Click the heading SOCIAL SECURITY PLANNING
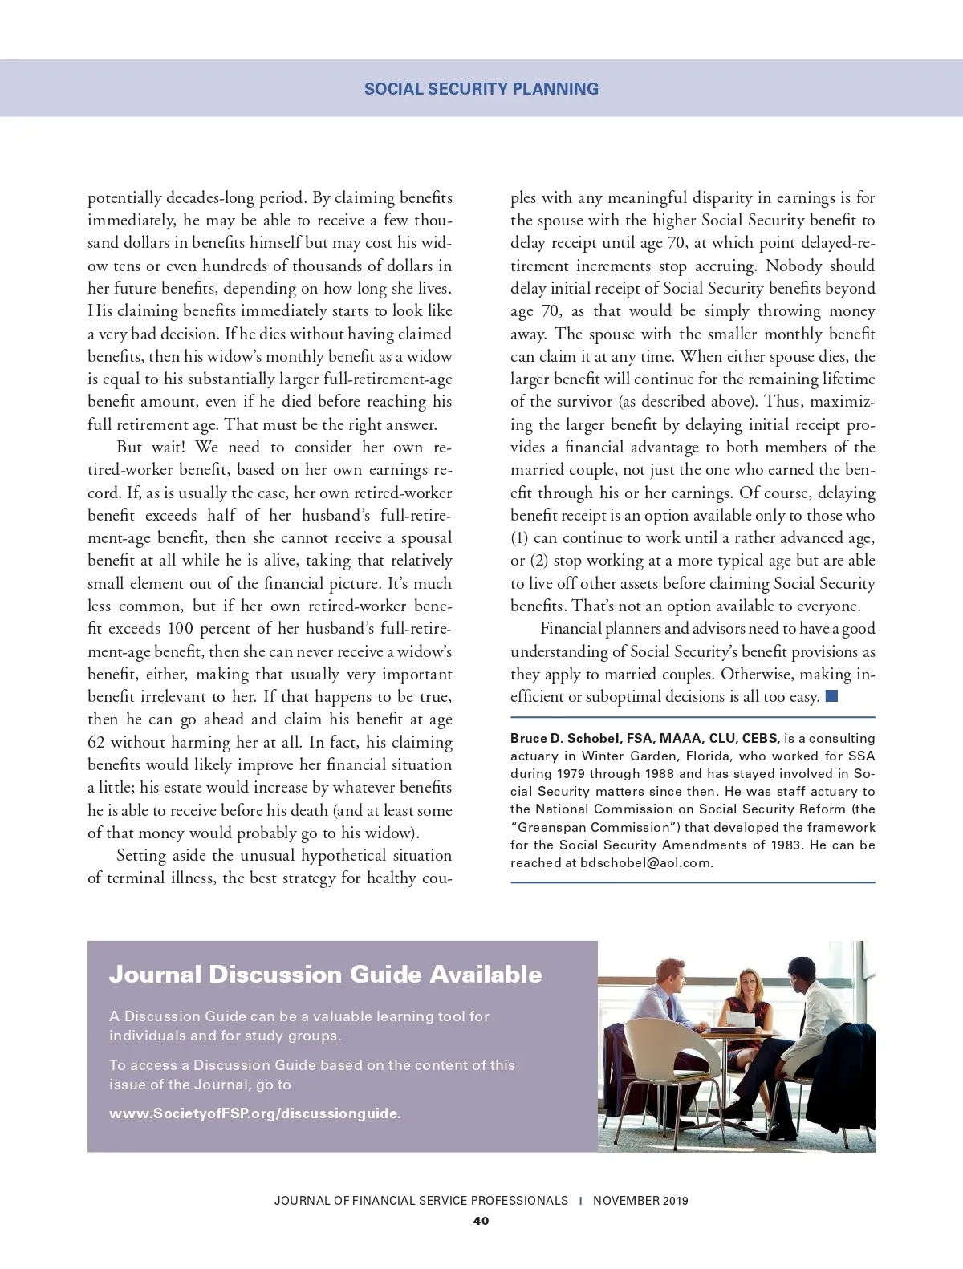point(481,89)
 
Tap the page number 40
point(481,1221)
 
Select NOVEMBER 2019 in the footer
point(640,1201)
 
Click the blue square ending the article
point(831,695)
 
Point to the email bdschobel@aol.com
point(645,863)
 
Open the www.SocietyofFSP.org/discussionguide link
point(254,1113)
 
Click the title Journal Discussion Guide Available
point(325,974)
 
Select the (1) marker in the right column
point(519,537)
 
